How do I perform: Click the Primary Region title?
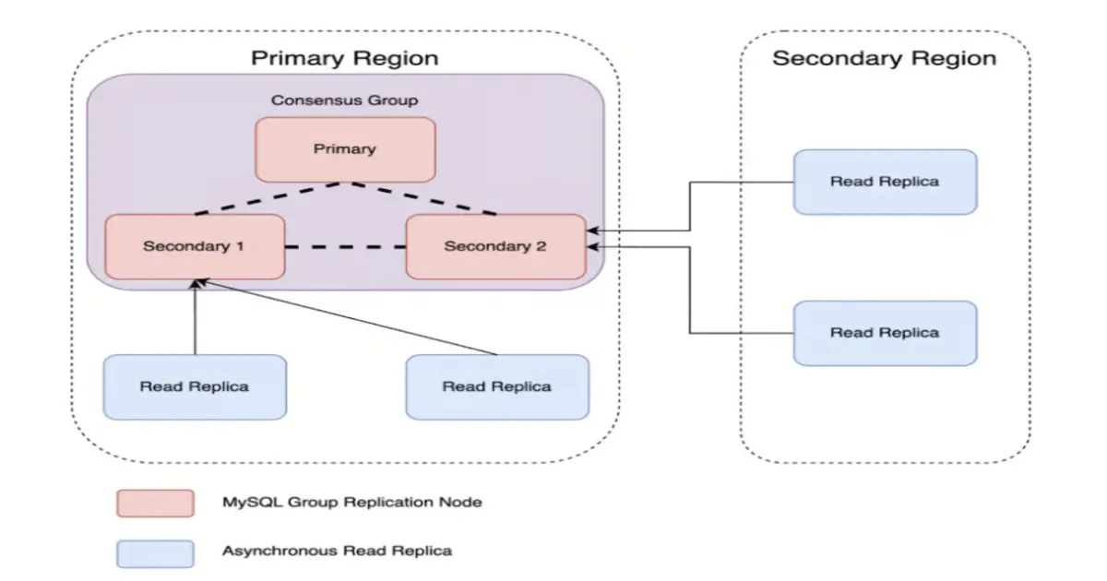coord(344,58)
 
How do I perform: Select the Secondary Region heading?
coord(884,58)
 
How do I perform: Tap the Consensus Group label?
coord(345,100)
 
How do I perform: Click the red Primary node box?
coord(345,148)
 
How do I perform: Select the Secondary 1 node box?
coord(195,246)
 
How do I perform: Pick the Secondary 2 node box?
coord(495,246)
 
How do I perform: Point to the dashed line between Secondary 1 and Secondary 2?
coord(345,247)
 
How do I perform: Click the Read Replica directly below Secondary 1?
coord(195,386)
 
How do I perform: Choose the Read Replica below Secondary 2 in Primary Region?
coord(496,386)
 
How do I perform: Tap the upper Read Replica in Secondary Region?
coord(884,182)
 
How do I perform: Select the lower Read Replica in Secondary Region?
coord(884,332)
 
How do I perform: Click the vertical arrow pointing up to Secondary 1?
coord(195,318)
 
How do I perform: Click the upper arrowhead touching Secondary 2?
coord(593,230)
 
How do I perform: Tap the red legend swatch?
coord(155,503)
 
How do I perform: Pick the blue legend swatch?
coord(155,552)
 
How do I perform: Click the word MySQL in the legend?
coord(245,503)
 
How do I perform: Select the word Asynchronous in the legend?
coord(280,551)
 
